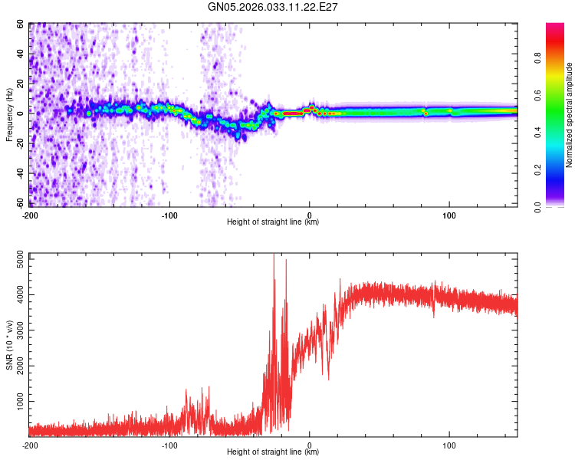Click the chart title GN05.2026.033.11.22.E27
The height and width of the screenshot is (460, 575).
[x=274, y=8]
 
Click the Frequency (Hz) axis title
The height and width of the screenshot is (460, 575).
[x=9, y=115]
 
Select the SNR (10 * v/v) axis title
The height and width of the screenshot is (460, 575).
[x=9, y=345]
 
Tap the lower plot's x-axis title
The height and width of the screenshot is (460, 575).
[x=273, y=452]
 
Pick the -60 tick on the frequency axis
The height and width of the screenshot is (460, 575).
[x=19, y=203]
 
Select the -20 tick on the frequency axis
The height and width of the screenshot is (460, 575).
[x=19, y=143]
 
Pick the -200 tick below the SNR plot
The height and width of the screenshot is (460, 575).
[x=30, y=445]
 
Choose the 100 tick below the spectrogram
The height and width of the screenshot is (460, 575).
[x=449, y=215]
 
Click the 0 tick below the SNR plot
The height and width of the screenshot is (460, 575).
[x=310, y=445]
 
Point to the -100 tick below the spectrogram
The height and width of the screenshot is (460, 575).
[x=169, y=215]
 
